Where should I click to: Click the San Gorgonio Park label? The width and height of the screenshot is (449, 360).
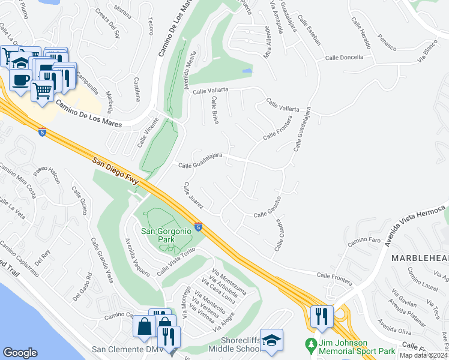pos(162,235)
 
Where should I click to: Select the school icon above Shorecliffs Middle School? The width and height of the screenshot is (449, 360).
pos(271,339)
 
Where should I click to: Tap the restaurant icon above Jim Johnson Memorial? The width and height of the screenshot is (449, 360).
pos(321,316)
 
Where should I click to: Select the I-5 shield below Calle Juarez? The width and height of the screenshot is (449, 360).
pos(198,227)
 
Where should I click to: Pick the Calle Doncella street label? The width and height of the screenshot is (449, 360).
pos(344,58)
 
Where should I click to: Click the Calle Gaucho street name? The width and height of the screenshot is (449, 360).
pos(268,214)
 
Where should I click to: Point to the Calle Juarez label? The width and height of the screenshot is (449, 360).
pos(194,196)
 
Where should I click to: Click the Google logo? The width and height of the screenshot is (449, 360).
pos(20,353)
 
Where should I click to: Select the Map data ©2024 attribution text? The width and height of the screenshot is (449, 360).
pos(424,355)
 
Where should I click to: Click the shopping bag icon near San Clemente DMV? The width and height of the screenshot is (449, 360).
pos(145,327)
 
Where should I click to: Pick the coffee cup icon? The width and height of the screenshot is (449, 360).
pos(21,79)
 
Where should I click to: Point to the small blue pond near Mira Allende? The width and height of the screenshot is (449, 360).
pos(247,71)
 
